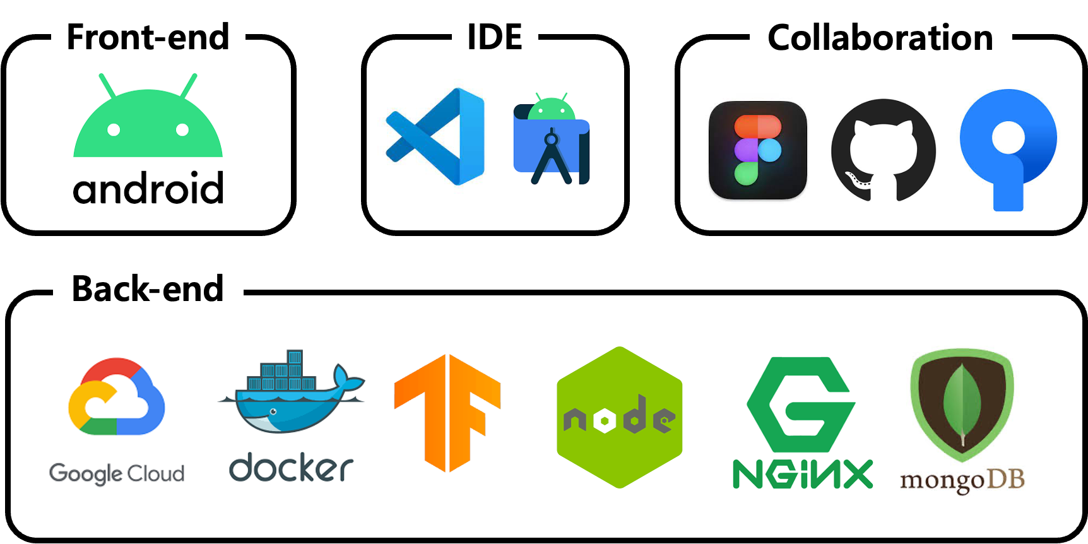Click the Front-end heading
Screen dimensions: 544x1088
click(x=148, y=37)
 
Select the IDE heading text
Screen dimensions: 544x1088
click(x=495, y=37)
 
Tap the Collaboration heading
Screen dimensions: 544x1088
click(x=880, y=38)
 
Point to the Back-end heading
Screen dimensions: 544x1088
click(x=148, y=289)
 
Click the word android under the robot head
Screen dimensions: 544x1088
click(x=148, y=188)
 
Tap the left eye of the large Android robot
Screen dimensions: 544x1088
click(x=114, y=130)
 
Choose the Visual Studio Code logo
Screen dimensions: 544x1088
click(x=435, y=136)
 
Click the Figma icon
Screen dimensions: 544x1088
click(x=758, y=150)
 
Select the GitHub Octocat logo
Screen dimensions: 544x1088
click(x=883, y=150)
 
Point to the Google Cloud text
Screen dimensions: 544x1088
click(x=117, y=473)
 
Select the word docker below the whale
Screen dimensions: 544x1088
click(x=291, y=468)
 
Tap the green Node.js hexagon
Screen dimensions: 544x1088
click(x=619, y=417)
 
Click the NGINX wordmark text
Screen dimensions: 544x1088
click(x=802, y=475)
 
